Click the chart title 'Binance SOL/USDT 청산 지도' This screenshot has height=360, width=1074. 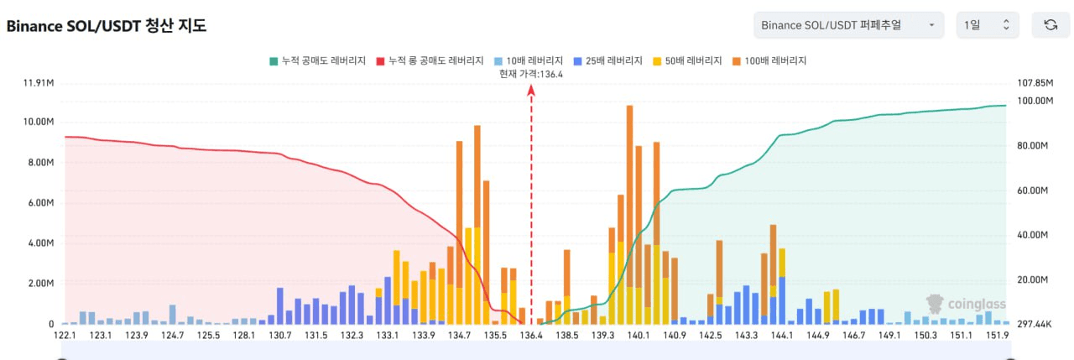point(107,26)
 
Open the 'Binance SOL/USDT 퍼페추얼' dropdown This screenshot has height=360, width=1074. point(847,25)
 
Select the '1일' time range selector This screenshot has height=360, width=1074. point(988,25)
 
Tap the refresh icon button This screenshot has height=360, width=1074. point(1050,25)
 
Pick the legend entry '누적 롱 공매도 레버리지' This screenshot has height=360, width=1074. point(430,60)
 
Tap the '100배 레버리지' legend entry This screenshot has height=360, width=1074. point(769,60)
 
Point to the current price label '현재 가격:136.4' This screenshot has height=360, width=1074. point(530,74)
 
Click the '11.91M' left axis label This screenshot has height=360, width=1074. point(39,83)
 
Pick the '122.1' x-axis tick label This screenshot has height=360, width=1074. point(65,336)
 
